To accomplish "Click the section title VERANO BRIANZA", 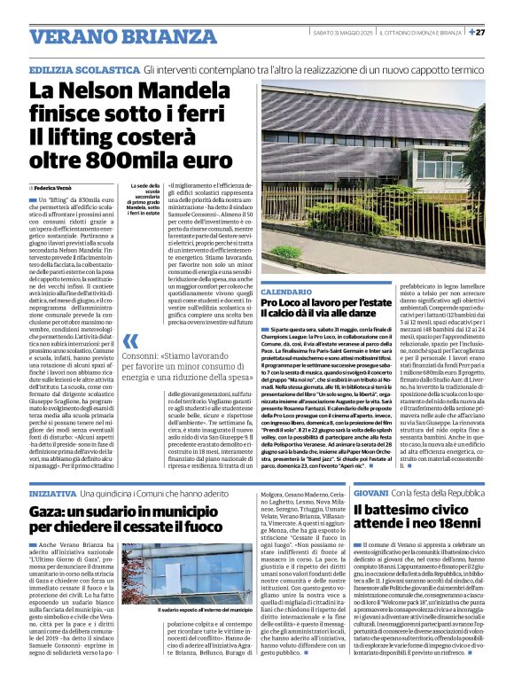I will click(110, 36).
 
